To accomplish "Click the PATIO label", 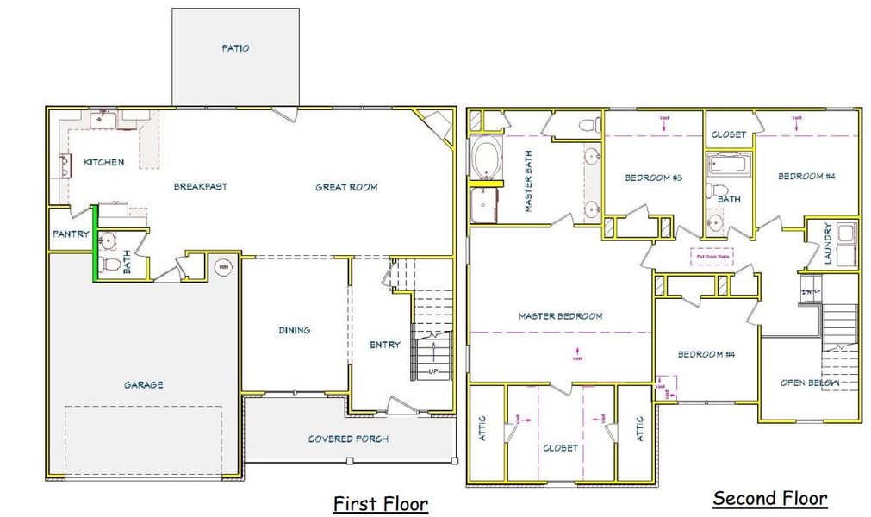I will (x=234, y=48).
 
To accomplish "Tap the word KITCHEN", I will (x=103, y=162).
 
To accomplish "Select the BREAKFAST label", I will (x=201, y=186).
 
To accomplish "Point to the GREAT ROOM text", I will (x=346, y=187).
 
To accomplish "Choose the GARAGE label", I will (x=143, y=385).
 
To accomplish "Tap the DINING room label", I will (x=295, y=330).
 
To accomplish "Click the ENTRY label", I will (x=385, y=345).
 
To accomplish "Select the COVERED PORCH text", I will (x=348, y=439).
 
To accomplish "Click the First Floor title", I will (x=381, y=503).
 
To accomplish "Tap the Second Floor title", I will (x=770, y=498).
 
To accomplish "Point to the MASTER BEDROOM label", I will (x=560, y=316).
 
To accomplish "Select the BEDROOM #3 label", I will (x=653, y=178).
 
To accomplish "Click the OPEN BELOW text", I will (x=811, y=383).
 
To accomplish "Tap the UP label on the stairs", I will (x=433, y=372).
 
